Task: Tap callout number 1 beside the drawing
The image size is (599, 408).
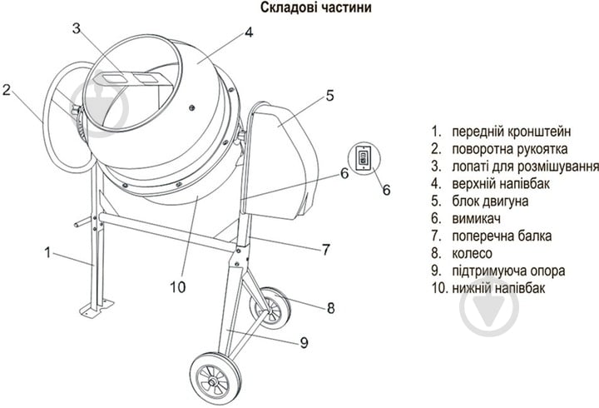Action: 48,250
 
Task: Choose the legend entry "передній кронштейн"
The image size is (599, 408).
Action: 512,132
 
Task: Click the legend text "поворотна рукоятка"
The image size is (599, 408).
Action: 510,149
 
